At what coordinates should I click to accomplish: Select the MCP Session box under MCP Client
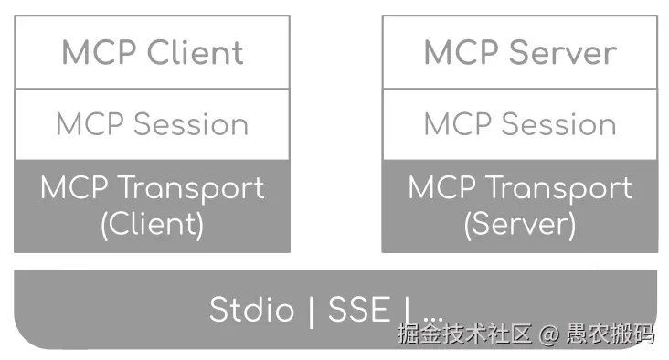152,124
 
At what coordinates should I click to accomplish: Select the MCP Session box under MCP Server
519,124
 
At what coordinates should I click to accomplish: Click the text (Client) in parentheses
152,223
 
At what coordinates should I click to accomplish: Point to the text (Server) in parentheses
519,223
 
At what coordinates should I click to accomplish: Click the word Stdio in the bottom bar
252,310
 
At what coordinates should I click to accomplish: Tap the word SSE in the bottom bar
358,310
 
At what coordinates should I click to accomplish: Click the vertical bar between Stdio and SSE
311,311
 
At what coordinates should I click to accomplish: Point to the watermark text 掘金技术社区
464,334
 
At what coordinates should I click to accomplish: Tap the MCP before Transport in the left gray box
75,188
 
